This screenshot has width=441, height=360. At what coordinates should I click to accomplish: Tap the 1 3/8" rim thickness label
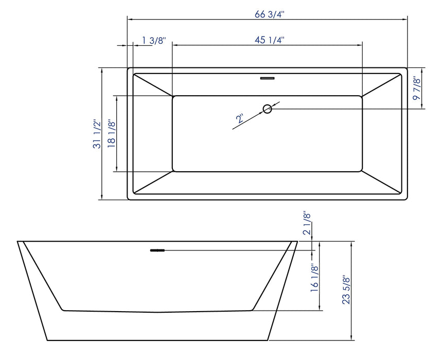point(153,41)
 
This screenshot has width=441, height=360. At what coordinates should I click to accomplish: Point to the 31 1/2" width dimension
point(96,134)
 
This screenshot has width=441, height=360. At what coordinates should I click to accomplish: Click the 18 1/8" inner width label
point(111,134)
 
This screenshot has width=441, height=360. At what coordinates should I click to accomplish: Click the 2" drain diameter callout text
point(240,119)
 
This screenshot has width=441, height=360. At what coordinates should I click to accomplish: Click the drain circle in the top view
point(267,109)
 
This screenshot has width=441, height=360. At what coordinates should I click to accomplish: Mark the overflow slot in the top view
point(267,79)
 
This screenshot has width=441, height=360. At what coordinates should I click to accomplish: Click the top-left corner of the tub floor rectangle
point(173,96)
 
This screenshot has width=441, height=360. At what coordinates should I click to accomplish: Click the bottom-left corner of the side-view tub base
point(48,340)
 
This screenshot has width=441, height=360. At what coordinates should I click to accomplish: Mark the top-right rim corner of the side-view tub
point(298,241)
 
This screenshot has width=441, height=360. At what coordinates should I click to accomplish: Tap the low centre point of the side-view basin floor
point(158,312)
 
